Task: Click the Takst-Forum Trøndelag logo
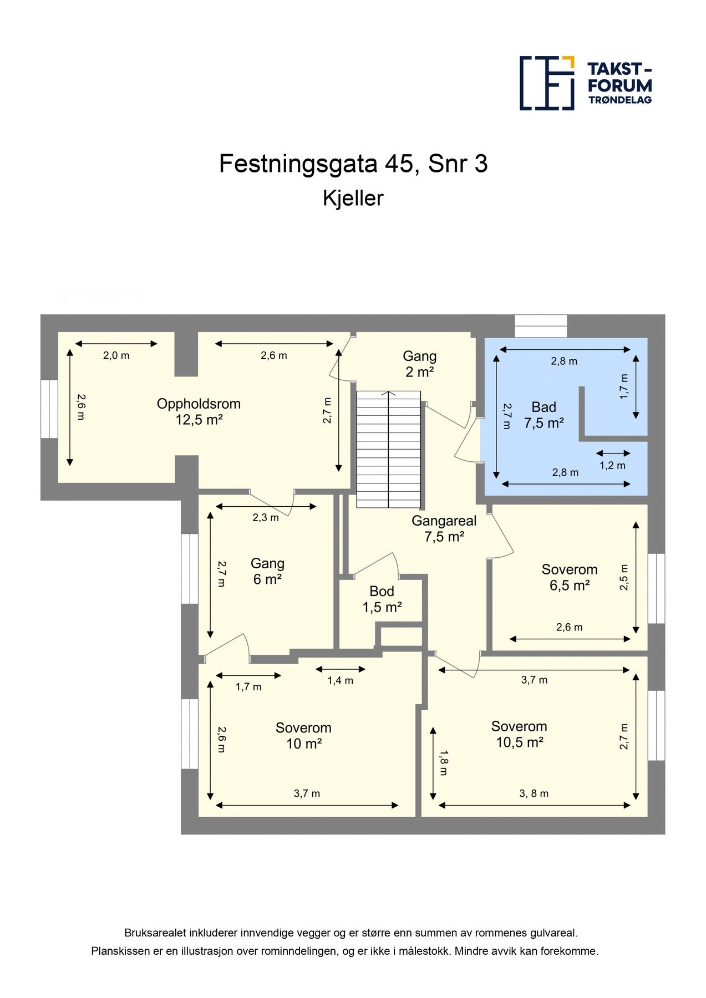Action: coord(586,83)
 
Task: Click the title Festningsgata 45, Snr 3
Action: coord(353,164)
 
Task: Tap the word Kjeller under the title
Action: coord(353,198)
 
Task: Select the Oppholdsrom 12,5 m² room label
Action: coord(199,411)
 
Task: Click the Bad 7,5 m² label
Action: coord(544,415)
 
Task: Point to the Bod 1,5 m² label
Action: coord(382,599)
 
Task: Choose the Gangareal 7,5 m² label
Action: coord(444,528)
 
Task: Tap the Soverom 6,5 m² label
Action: coord(570,577)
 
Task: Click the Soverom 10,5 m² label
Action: coord(519,734)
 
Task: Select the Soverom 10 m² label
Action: coord(303,736)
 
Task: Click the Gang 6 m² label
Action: coord(267,571)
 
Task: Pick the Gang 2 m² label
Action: coord(420,364)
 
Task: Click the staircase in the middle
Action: coord(388,449)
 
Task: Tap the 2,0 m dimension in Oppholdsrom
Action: coord(116,356)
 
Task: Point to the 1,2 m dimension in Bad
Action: coord(612,466)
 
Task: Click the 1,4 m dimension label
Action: coord(340,681)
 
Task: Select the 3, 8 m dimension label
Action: coord(534,794)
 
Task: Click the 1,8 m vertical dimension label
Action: coord(443,762)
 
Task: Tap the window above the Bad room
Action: coord(541,326)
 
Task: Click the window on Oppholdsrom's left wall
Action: coord(49,409)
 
